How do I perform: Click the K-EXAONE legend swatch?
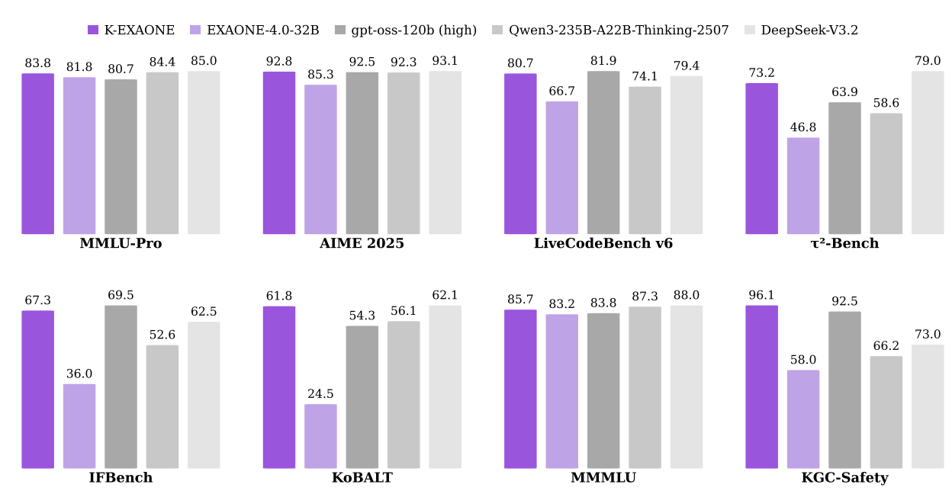(93, 30)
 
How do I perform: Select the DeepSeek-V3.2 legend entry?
(809, 30)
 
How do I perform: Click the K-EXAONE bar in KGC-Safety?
(761, 387)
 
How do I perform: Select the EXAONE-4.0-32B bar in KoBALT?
(320, 436)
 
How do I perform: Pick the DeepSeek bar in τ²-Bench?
(928, 152)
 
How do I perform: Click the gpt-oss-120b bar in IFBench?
(121, 387)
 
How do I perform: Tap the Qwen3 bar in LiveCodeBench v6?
(645, 160)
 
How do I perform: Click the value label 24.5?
(320, 394)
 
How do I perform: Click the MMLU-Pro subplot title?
(121, 244)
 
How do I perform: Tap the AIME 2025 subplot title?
(362, 244)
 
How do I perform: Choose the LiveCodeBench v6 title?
(603, 244)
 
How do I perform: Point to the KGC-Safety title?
(844, 478)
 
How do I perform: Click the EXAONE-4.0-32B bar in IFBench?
(79, 426)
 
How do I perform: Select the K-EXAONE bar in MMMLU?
(520, 389)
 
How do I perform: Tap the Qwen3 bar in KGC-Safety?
(886, 412)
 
